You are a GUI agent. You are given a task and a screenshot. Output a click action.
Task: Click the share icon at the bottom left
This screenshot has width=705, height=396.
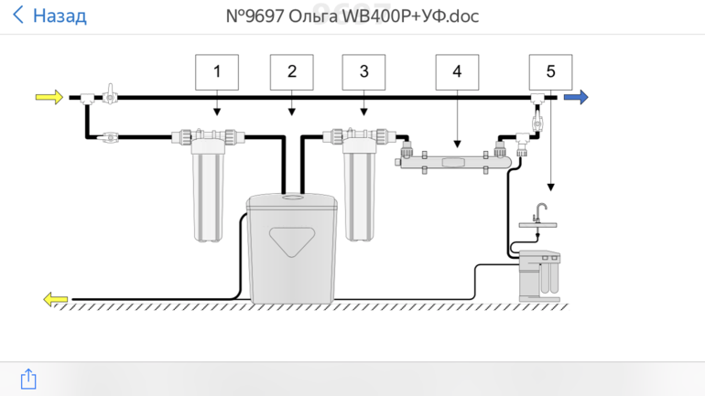pyautogui.click(x=28, y=378)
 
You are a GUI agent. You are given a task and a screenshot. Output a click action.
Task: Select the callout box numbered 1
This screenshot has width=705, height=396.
pyautogui.click(x=217, y=71)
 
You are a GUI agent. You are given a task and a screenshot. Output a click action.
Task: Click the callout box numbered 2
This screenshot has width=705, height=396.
pyautogui.click(x=291, y=71)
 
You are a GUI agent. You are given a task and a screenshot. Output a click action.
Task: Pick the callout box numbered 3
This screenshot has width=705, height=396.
pyautogui.click(x=364, y=71)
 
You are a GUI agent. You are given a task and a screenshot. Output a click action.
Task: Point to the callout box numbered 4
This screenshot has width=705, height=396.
pyautogui.click(x=457, y=71)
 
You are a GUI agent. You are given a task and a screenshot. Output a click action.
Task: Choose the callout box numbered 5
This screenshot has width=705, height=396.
pyautogui.click(x=550, y=71)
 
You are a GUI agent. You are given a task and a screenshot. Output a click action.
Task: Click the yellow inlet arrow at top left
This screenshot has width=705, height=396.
pyautogui.click(x=49, y=97)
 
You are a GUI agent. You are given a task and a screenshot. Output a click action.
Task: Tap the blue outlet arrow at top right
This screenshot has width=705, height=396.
pyautogui.click(x=576, y=97)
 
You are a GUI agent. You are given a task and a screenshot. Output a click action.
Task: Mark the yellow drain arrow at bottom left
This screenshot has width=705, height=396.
pyautogui.click(x=56, y=298)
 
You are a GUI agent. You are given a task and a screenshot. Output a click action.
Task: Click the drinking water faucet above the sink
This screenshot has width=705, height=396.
pyautogui.click(x=542, y=212)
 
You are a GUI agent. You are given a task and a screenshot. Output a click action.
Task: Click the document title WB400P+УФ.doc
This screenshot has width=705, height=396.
pyautogui.click(x=352, y=16)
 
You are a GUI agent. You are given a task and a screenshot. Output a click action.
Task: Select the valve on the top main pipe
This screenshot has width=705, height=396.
pyautogui.click(x=109, y=93)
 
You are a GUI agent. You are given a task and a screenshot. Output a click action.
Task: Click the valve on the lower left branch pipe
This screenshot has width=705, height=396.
pyautogui.click(x=109, y=138)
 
